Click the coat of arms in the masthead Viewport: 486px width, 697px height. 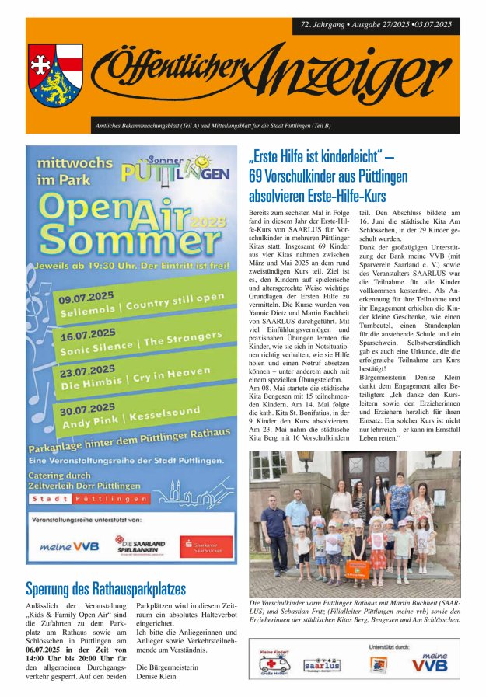tap(55, 75)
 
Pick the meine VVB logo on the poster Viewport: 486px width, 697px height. tap(70, 546)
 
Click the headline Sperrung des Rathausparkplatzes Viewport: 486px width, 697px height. tap(106, 588)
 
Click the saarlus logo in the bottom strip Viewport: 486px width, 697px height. tap(320, 664)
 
